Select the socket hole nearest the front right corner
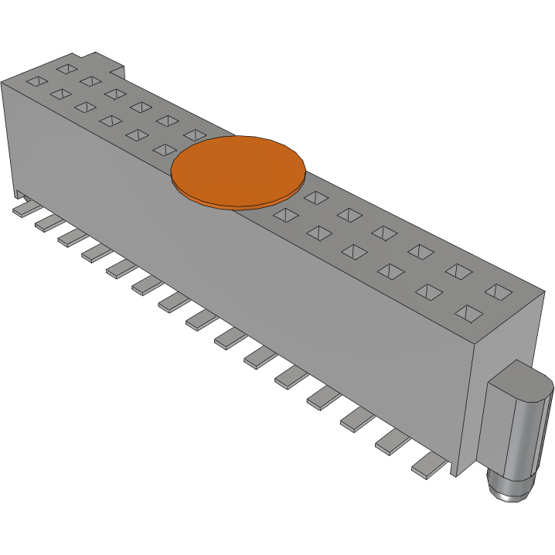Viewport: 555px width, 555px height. pos(468,313)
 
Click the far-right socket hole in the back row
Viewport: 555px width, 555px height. pos(499,291)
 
